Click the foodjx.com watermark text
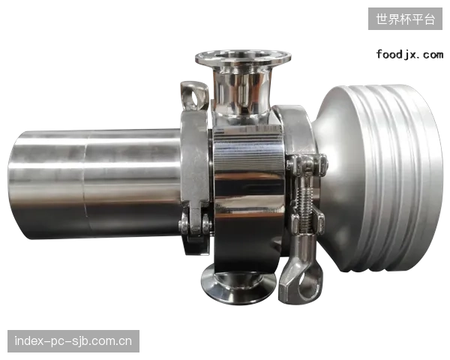pos(409,55)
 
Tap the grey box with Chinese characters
pos(405,19)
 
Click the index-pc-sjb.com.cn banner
pos(73,341)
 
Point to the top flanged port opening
pos(243,56)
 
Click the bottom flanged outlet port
pos(238,283)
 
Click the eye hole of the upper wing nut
pos(195,99)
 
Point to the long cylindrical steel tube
pos(94,184)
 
